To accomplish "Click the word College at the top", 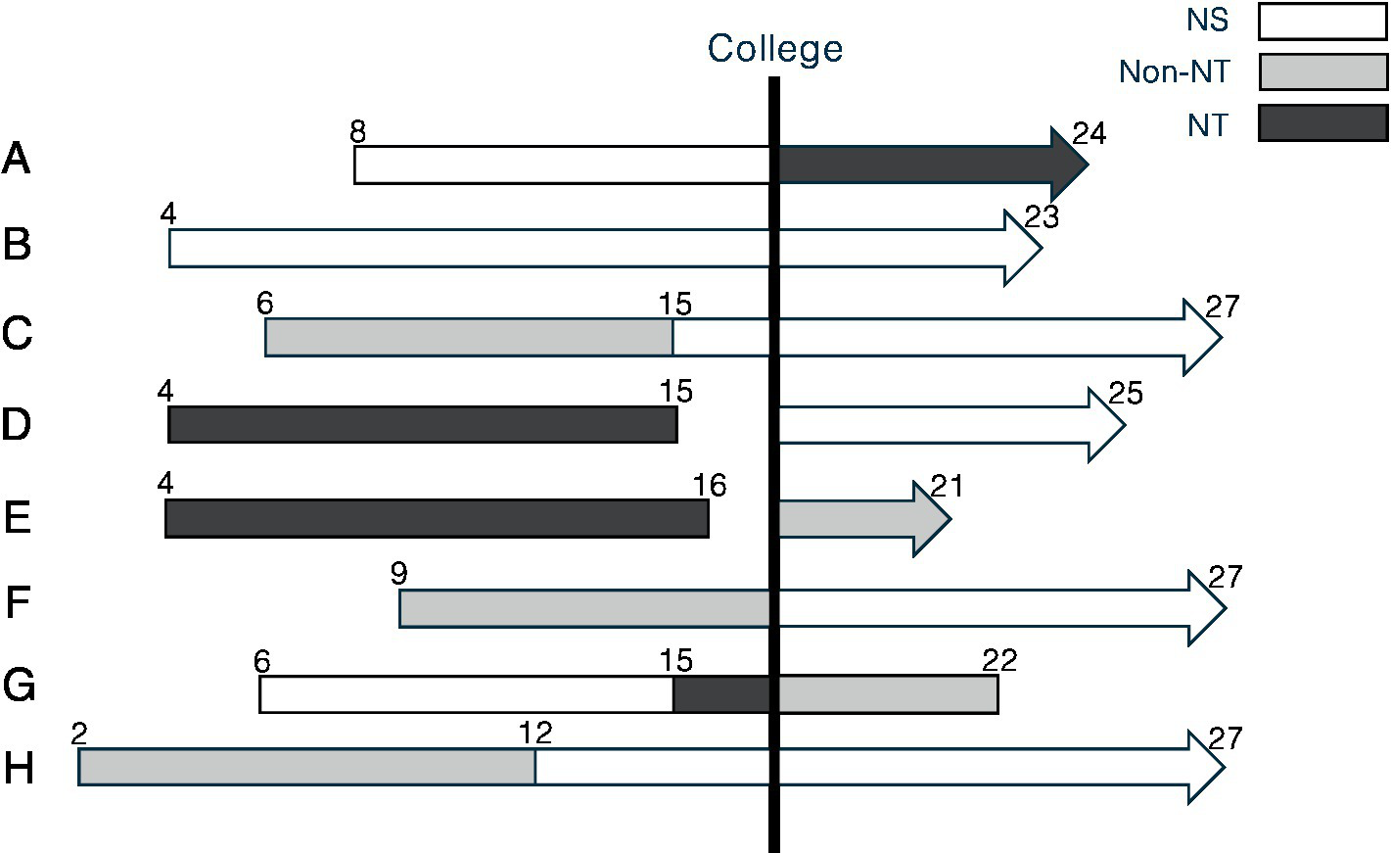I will point(774,48).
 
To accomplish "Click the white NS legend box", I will point(1322,22).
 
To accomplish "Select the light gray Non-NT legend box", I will point(1322,71).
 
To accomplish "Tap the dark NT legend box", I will point(1322,123).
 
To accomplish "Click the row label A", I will point(17,159).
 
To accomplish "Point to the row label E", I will point(17,517).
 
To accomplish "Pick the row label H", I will point(19,769).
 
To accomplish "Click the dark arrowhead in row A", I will point(1068,164).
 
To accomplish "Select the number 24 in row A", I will point(1089,132).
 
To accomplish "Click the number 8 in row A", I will point(357,131).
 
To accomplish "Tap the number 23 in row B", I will point(1042,216).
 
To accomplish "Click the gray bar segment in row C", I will point(469,338).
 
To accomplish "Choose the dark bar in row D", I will point(422,424).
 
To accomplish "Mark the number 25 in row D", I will point(1126,393).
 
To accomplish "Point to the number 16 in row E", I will point(710,485).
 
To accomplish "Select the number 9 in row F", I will point(398,573).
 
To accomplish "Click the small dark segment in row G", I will point(721,694).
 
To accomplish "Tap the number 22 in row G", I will point(999,660).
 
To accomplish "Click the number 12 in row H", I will point(535,733).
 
